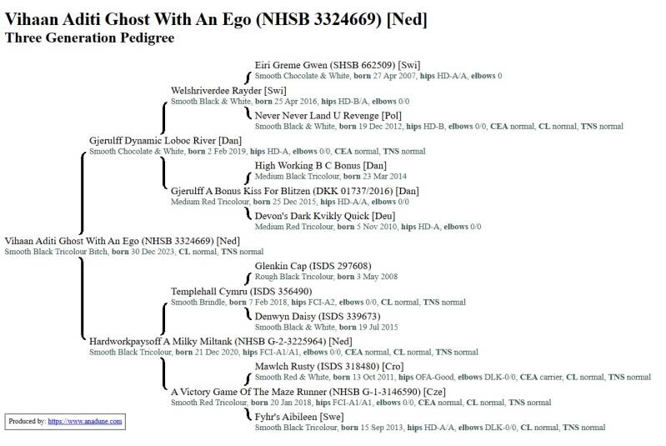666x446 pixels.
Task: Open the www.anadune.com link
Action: coord(85,422)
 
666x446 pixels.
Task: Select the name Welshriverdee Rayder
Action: coord(216,90)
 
